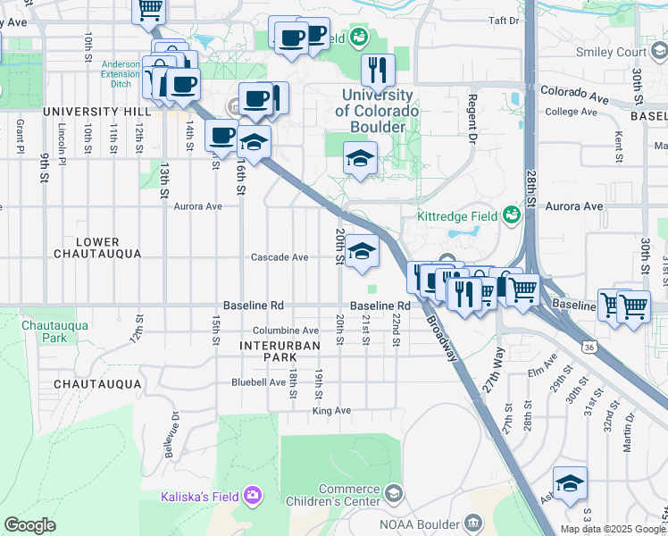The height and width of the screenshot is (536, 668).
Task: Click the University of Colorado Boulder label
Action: coord(376,111)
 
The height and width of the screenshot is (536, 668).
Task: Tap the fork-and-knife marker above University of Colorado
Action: coord(378,69)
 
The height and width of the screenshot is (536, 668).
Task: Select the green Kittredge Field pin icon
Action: coord(512,215)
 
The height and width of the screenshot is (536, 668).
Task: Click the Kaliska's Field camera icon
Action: coord(253,494)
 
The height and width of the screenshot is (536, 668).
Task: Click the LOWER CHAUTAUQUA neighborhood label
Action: coord(97,247)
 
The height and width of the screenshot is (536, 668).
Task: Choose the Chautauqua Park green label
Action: coord(54,331)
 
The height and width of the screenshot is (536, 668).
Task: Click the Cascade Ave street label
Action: coord(279,257)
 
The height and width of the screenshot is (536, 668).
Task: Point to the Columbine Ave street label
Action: coord(285,331)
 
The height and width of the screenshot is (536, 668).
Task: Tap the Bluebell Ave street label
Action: coord(259,381)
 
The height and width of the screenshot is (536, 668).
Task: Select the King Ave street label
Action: coord(331,411)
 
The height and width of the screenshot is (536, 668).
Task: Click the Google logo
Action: coord(29,524)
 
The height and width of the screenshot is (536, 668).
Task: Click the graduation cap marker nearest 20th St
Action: coord(363,251)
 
